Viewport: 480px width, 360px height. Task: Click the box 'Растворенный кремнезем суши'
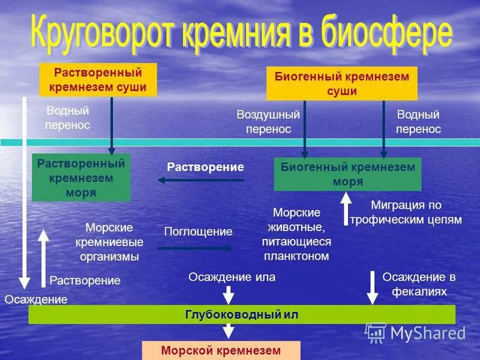click(98, 80)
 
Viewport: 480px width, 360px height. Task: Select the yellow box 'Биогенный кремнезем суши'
click(341, 83)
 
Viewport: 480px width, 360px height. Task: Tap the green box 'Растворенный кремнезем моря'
click(81, 178)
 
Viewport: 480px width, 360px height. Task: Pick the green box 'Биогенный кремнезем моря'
click(347, 174)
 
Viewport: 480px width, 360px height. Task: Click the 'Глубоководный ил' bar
click(241, 314)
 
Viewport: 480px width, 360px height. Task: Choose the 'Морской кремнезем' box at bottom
click(220, 350)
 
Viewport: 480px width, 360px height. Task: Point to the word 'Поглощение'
click(198, 231)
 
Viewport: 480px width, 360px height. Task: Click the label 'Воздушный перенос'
click(268, 122)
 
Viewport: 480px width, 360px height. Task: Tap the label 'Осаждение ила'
click(232, 277)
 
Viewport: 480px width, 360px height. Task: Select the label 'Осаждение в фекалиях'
click(419, 284)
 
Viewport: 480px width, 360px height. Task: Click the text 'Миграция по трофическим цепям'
click(406, 212)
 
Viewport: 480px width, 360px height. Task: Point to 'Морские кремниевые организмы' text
click(109, 242)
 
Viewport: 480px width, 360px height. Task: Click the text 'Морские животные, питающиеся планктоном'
click(296, 235)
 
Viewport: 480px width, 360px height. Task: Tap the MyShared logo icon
click(376, 333)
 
